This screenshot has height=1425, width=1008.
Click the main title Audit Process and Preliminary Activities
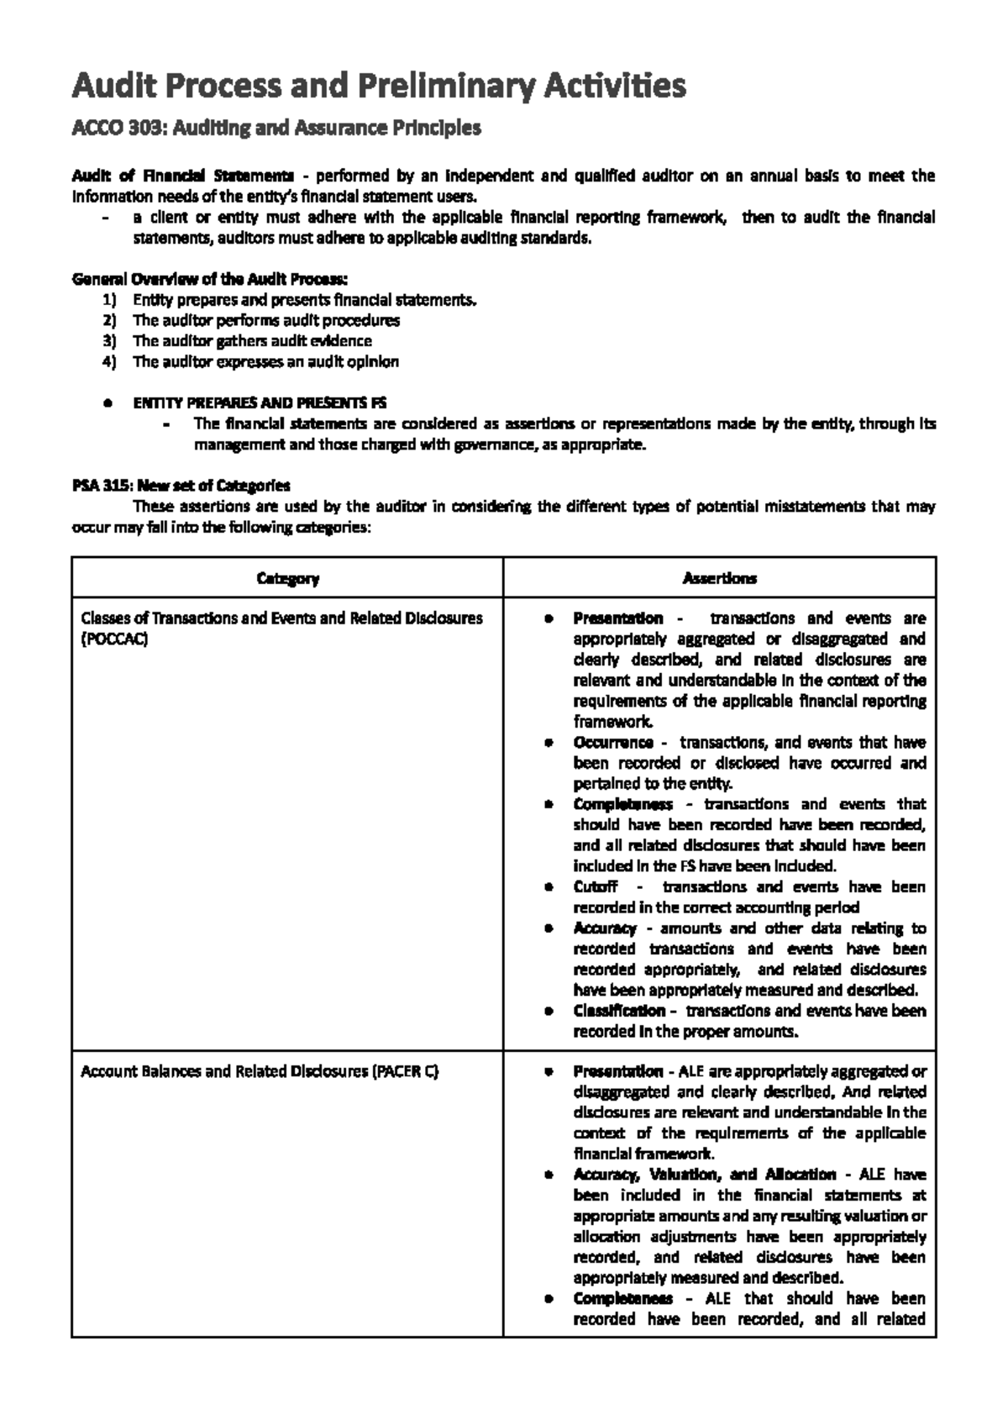pyautogui.click(x=379, y=86)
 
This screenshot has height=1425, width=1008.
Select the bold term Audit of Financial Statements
pyautogui.click(x=182, y=176)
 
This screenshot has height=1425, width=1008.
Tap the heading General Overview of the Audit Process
pyautogui.click(x=210, y=279)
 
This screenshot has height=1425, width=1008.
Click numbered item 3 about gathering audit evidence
pyautogui.click(x=252, y=341)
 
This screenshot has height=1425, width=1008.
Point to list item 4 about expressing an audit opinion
pyautogui.click(x=265, y=362)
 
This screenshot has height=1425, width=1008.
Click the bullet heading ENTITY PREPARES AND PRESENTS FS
pyautogui.click(x=260, y=403)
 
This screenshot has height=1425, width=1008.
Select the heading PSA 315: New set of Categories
pyautogui.click(x=181, y=486)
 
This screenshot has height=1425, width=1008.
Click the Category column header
pyautogui.click(x=287, y=578)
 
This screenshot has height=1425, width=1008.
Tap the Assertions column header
pyautogui.click(x=719, y=578)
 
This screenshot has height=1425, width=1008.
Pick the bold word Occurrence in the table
pyautogui.click(x=613, y=743)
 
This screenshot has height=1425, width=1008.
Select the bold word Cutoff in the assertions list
pyautogui.click(x=596, y=887)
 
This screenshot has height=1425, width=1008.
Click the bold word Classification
pyautogui.click(x=619, y=1011)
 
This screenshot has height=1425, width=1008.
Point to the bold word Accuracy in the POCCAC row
pyautogui.click(x=605, y=928)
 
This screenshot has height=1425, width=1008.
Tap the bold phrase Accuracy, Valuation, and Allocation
pyautogui.click(x=704, y=1175)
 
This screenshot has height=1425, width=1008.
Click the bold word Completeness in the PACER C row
pyautogui.click(x=622, y=1299)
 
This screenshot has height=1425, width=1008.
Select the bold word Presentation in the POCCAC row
pyautogui.click(x=617, y=618)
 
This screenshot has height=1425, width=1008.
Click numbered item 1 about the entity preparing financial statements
pyautogui.click(x=304, y=300)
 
